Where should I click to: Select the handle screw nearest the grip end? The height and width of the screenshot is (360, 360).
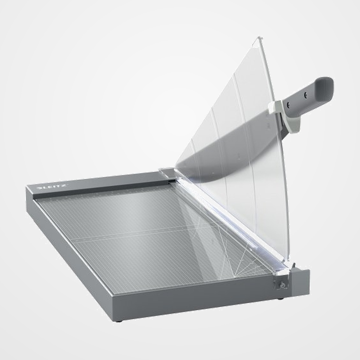(306, 95)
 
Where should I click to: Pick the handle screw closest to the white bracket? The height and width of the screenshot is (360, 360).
(288, 104)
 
